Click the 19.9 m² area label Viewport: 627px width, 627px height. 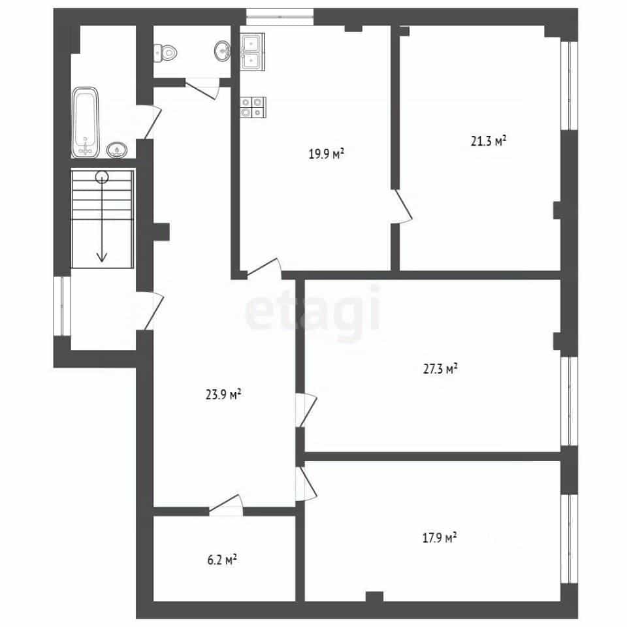(x=327, y=153)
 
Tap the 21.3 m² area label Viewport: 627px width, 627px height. (x=489, y=141)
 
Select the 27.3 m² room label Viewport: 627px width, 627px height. (x=440, y=368)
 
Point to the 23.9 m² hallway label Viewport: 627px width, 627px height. (x=223, y=394)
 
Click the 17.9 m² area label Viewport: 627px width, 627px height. (x=440, y=538)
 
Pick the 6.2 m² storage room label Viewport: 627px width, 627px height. (x=222, y=560)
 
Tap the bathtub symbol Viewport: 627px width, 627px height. (x=85, y=122)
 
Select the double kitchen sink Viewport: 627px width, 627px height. (x=252, y=52)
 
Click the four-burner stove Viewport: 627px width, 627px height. (x=253, y=108)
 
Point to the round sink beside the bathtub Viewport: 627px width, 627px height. (x=117, y=150)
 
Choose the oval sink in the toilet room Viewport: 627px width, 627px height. (x=222, y=51)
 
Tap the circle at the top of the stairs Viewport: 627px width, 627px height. (x=102, y=177)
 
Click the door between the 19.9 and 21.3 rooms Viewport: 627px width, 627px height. (x=402, y=206)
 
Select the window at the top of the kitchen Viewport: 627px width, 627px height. (x=280, y=17)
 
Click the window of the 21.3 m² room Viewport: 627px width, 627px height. (x=569, y=86)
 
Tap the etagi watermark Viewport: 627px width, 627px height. (x=313, y=310)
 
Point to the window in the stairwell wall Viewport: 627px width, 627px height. (x=63, y=306)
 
